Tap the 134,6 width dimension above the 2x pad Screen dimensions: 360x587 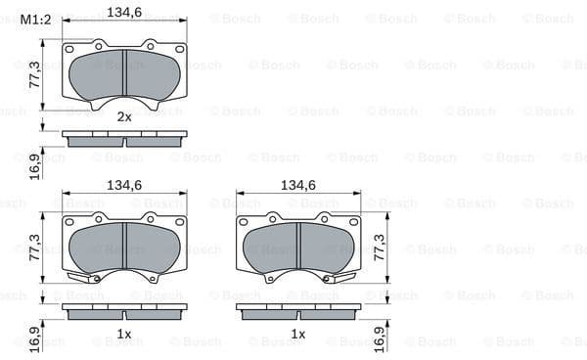[x=124, y=13]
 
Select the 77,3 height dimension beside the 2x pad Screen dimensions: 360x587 [x=34, y=73]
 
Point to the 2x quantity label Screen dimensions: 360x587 [x=124, y=116]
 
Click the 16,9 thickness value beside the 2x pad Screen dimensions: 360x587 [x=34, y=164]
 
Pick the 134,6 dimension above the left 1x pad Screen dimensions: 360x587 [x=124, y=184]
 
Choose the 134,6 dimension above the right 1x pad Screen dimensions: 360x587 [x=298, y=184]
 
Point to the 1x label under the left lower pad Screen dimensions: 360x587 [x=124, y=335]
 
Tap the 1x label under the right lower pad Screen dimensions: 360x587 [x=298, y=335]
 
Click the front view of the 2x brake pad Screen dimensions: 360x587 [x=124, y=75]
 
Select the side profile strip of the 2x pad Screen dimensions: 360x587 [x=124, y=139]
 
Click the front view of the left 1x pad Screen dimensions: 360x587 [x=124, y=247]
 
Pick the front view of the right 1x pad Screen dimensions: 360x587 [x=298, y=247]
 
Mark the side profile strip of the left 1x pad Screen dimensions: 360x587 [x=124, y=311]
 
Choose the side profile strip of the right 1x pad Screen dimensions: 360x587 [x=298, y=311]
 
